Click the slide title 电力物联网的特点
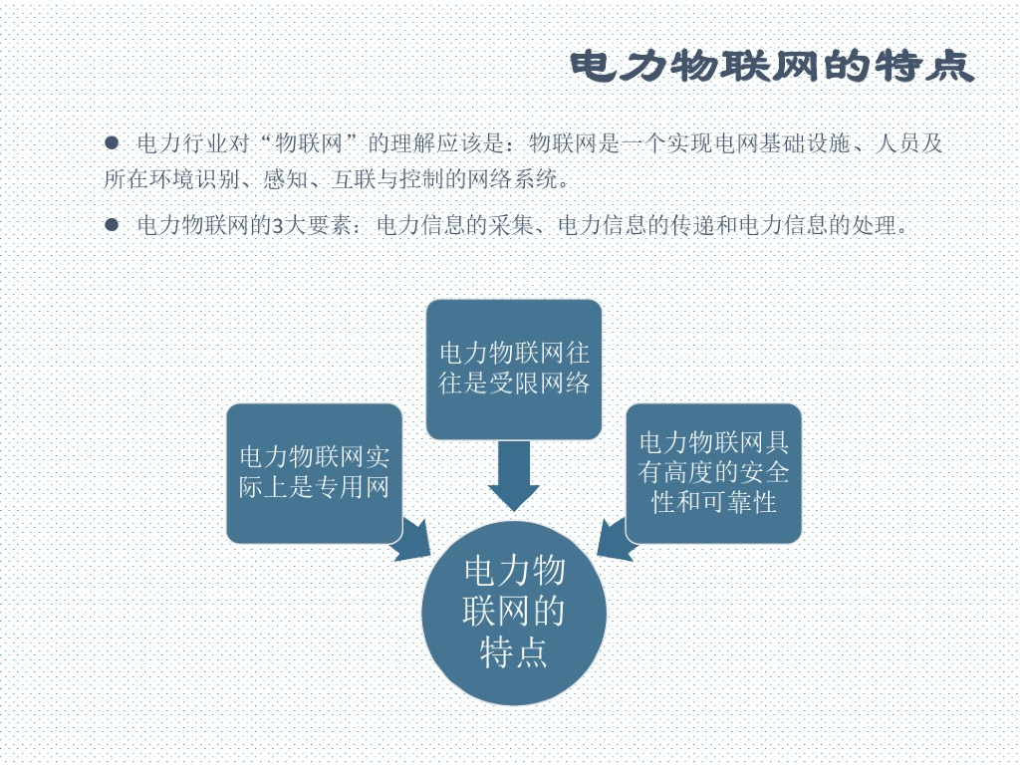coord(772,68)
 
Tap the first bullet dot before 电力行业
coord(112,143)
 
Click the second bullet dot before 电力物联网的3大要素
coord(112,225)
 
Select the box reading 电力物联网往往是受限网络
coord(514,369)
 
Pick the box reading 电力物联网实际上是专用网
coord(314,473)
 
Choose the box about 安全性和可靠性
coord(713,473)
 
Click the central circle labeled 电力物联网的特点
coord(514,613)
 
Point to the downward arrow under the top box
coord(514,475)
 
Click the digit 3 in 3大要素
coord(276,225)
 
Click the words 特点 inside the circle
coord(514,653)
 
